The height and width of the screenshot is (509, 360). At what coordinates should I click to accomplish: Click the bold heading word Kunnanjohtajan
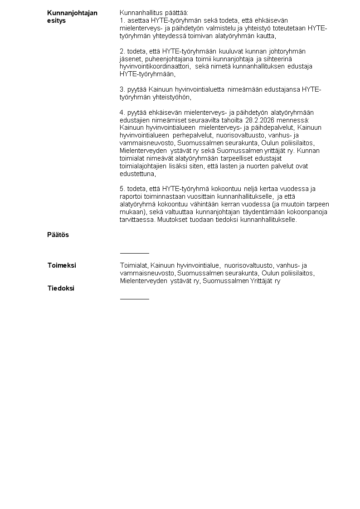pos(72,13)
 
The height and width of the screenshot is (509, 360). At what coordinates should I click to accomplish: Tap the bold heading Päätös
pos(58,235)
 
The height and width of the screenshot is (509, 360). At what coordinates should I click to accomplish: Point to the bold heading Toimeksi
pos(62,265)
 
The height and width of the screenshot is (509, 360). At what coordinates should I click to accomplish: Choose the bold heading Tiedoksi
pos(61,289)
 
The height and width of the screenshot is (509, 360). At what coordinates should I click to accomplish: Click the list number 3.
pos(122,89)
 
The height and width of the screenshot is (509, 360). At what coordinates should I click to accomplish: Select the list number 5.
pos(122,189)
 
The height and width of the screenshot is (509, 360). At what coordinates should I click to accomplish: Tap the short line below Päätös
pos(134,253)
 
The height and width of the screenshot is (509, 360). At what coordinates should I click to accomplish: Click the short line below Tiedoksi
pos(134,299)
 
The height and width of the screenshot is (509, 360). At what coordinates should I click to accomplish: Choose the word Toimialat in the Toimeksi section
pos(134,265)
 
